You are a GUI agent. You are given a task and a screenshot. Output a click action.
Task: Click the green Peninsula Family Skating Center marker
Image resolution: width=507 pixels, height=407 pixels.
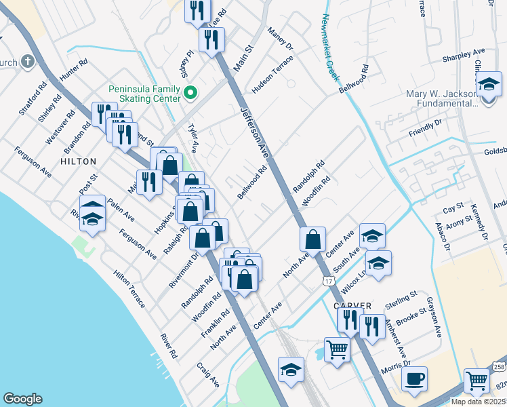(x=191, y=92)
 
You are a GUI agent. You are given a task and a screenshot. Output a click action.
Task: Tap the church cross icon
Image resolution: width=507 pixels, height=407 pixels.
(x=28, y=62)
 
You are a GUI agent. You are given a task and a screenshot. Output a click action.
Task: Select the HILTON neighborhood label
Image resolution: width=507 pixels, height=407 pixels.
(x=79, y=161)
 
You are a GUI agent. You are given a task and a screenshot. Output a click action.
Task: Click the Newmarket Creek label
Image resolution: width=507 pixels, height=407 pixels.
(x=332, y=47)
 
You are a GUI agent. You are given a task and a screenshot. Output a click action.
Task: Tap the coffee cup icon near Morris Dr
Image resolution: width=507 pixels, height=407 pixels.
(x=414, y=379)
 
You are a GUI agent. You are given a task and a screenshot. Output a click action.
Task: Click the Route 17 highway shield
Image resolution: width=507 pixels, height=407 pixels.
(x=328, y=279)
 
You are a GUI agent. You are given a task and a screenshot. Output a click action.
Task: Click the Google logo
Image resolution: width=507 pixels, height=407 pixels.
(x=22, y=399)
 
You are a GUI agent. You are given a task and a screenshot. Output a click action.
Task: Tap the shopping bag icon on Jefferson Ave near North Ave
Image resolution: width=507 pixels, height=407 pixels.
(x=312, y=239)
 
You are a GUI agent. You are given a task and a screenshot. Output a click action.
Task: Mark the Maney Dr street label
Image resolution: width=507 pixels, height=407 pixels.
(x=280, y=39)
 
